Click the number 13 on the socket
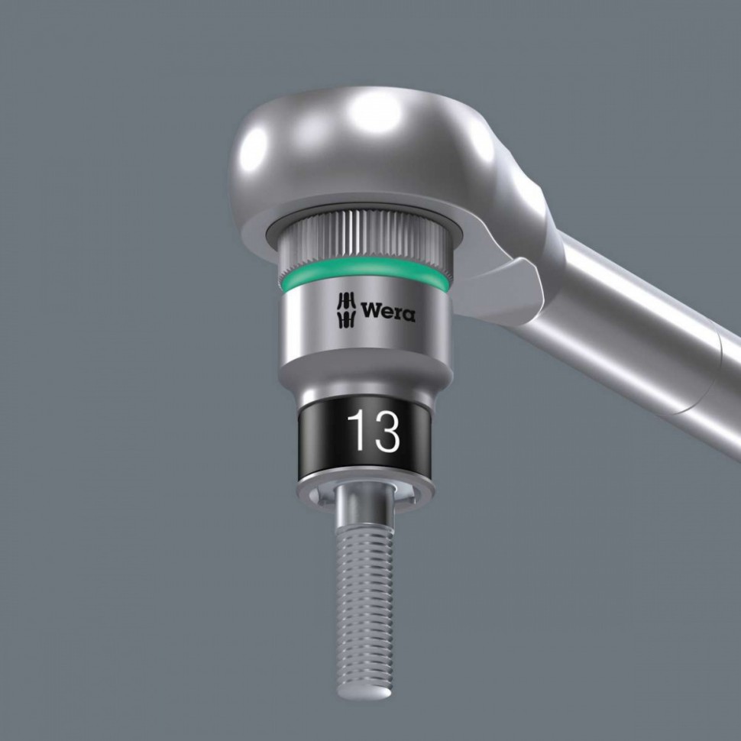(x=374, y=433)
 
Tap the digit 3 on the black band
(x=386, y=433)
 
